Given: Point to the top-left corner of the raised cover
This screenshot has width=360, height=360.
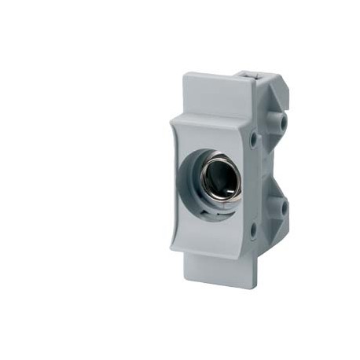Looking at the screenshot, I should click(x=171, y=117).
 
